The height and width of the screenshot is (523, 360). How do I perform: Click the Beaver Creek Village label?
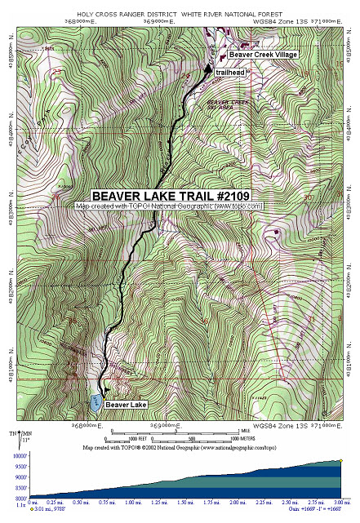click(262, 55)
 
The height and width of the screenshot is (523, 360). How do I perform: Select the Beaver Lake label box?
click(127, 405)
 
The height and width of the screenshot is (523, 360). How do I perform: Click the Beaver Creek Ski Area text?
click(229, 104)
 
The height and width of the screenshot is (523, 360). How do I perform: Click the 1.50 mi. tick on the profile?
click(187, 503)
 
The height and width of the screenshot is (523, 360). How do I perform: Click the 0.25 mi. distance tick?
click(56, 503)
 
